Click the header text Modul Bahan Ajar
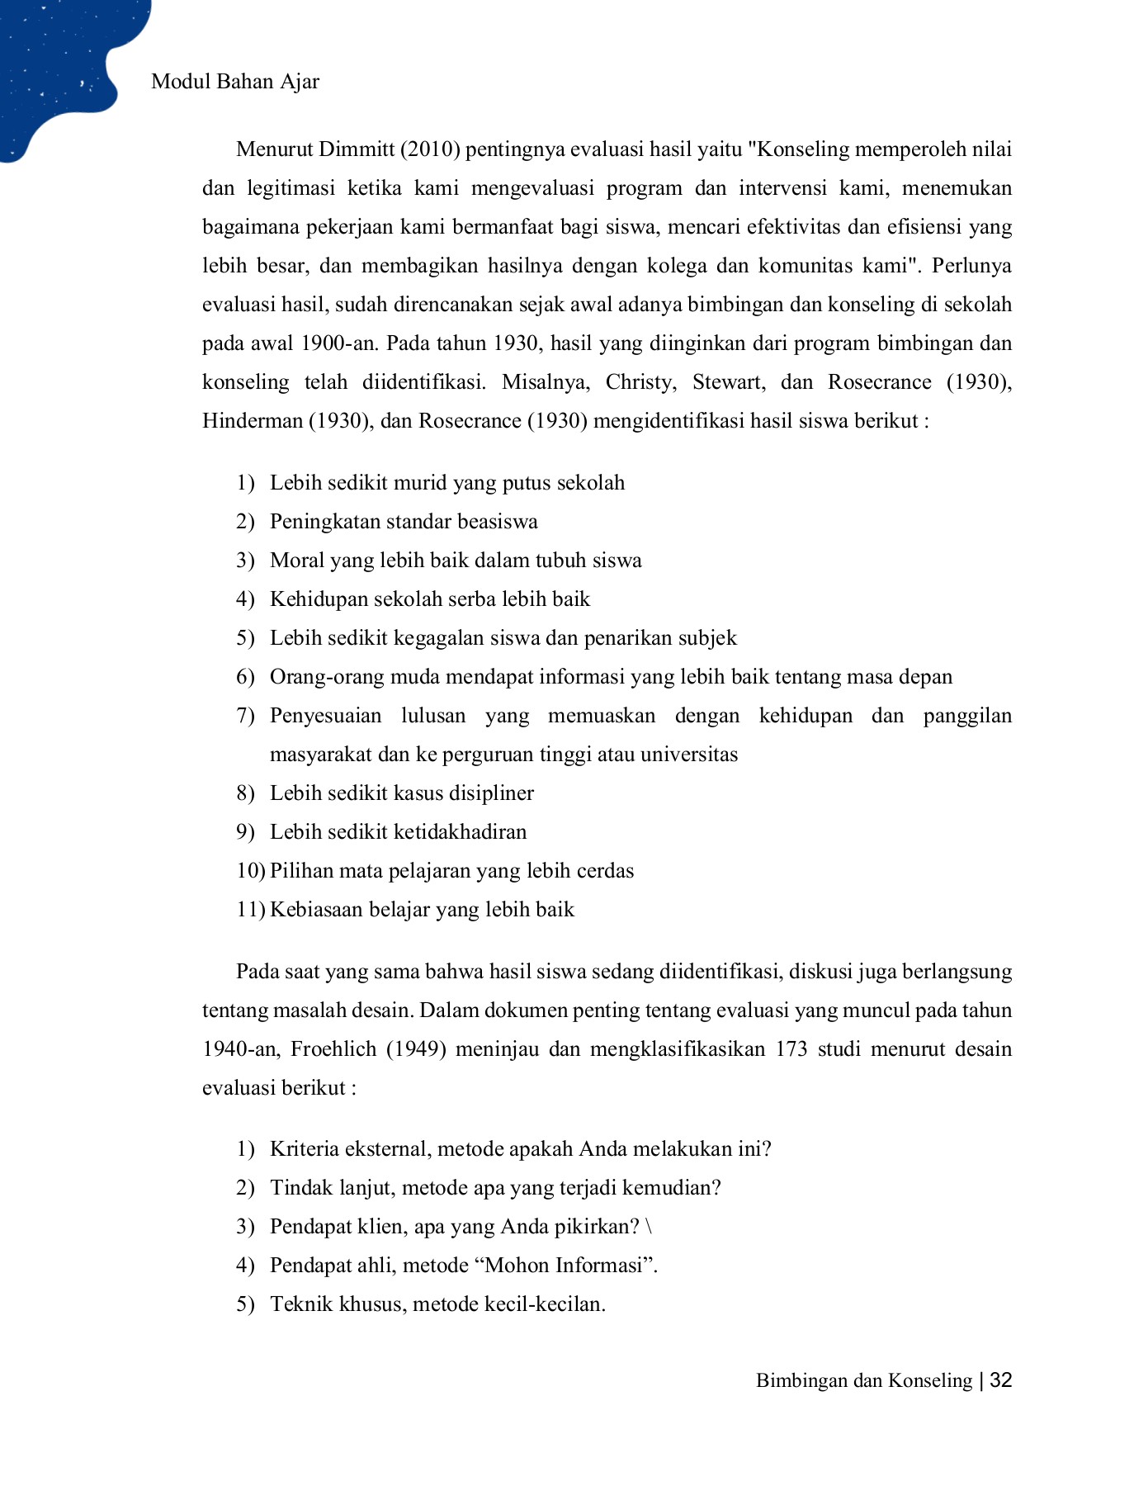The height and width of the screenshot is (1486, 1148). pos(235,82)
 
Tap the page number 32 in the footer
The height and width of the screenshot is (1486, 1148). pos(1000,1380)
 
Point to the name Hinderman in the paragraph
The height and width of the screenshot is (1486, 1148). pos(253,421)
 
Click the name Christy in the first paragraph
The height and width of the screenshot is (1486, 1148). pos(640,382)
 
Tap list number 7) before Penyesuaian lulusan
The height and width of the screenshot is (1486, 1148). pos(245,716)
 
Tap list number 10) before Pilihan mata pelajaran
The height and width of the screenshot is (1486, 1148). pos(249,871)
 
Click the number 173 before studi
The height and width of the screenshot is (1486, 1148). pos(791,1049)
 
